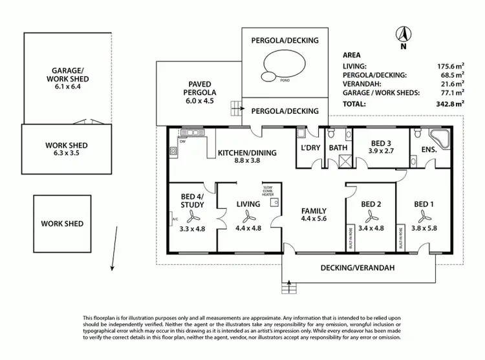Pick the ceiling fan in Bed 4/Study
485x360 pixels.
pos(192,218)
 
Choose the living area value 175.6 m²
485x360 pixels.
pos(450,66)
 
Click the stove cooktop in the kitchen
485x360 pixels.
pos(173,152)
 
